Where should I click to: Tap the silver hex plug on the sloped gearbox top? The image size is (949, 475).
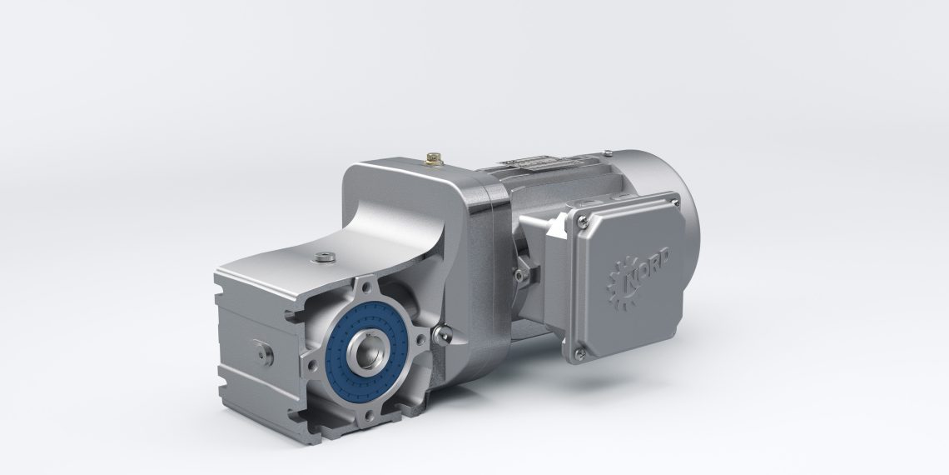pos(321,256)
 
